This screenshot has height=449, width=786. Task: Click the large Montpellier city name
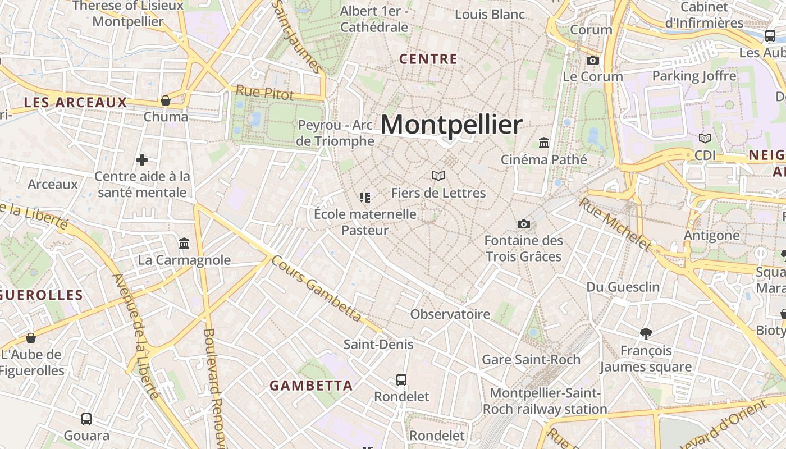(x=451, y=125)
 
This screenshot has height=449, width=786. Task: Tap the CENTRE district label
(x=428, y=59)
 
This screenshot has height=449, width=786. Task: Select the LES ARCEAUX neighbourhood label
(x=76, y=102)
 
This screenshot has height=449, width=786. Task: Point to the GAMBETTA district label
(x=311, y=386)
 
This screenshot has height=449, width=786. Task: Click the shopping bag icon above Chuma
(x=166, y=100)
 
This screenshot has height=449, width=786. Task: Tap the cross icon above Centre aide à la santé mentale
(x=142, y=160)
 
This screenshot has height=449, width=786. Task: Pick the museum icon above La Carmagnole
(x=184, y=244)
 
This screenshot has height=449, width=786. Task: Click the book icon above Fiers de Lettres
(x=438, y=176)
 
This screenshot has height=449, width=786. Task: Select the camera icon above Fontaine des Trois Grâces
(x=523, y=224)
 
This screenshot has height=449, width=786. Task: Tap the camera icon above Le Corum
(x=593, y=60)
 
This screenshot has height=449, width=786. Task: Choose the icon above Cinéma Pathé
(x=544, y=143)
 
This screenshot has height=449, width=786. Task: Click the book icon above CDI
(x=705, y=138)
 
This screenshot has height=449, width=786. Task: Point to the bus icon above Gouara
(x=86, y=419)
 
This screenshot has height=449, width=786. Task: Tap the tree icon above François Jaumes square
(x=646, y=334)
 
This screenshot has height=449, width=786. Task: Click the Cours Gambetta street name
(x=316, y=288)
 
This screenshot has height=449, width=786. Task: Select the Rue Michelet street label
(x=615, y=223)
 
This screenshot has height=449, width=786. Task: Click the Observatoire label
(x=450, y=314)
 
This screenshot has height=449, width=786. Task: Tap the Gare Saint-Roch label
(x=531, y=359)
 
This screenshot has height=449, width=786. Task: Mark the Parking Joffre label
(x=694, y=76)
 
